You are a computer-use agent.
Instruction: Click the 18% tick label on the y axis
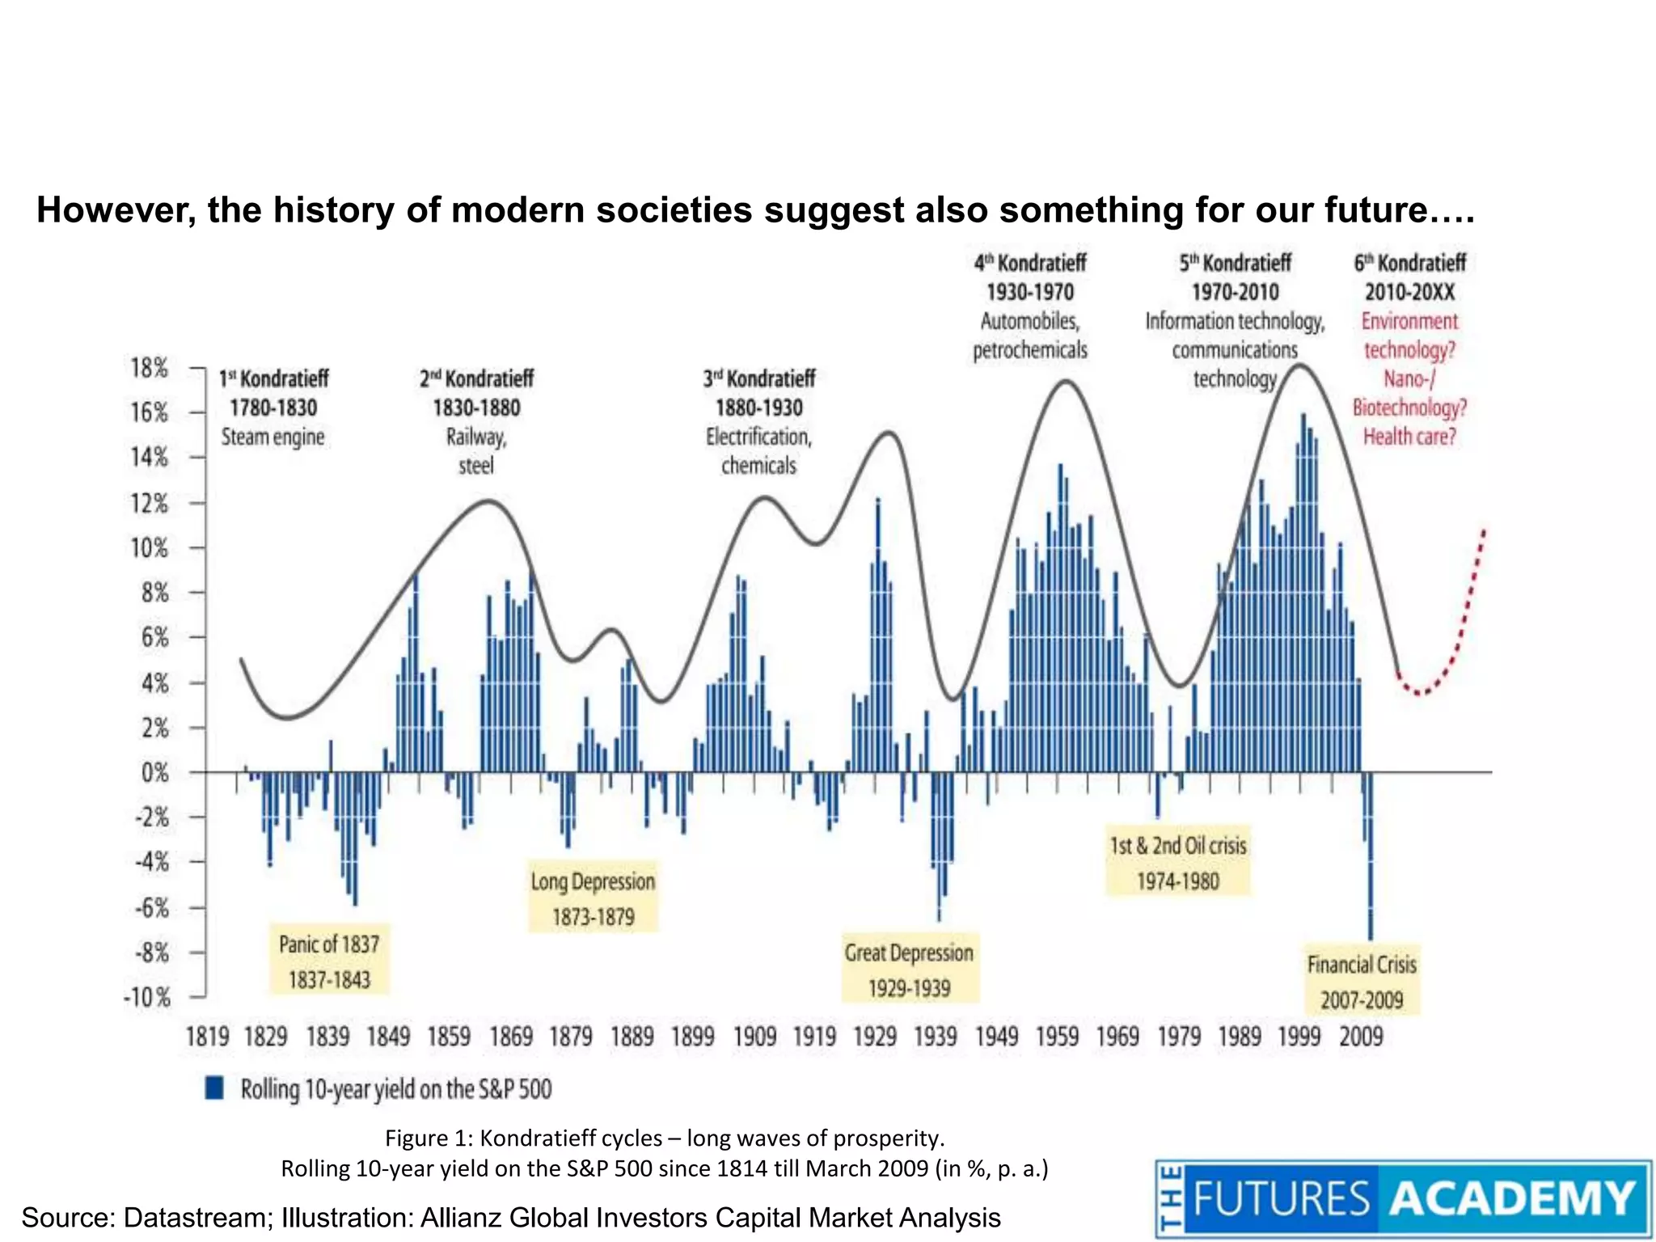click(149, 368)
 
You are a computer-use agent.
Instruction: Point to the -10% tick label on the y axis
click(147, 998)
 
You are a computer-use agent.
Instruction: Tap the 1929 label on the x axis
click(875, 1037)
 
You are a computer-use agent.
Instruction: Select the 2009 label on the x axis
click(1361, 1037)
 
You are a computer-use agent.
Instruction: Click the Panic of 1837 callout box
click(329, 961)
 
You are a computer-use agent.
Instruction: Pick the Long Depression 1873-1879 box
click(593, 898)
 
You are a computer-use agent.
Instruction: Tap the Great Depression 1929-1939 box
click(909, 970)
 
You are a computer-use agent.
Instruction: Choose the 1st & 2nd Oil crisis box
click(1177, 862)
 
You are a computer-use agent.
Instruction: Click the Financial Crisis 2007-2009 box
click(1362, 981)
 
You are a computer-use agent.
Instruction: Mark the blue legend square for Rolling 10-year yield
click(214, 1088)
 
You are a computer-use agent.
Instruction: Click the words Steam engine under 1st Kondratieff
click(273, 437)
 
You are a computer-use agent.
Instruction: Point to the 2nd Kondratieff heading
click(476, 378)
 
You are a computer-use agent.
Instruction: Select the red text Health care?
click(1409, 437)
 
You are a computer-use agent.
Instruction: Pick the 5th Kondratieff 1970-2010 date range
click(1235, 292)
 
